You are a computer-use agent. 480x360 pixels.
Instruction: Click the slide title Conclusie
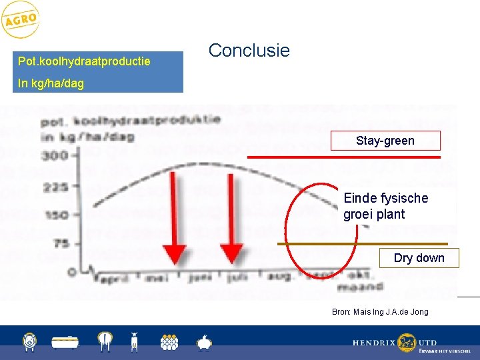(249, 51)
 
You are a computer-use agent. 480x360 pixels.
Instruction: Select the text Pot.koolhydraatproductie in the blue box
(84, 61)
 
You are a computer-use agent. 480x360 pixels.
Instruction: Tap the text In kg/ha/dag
(51, 83)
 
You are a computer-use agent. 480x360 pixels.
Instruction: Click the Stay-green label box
(385, 141)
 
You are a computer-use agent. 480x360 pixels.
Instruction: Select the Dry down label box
(419, 258)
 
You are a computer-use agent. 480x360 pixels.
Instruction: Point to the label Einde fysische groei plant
(385, 207)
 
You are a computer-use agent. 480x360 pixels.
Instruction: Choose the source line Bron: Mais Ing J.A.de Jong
(380, 312)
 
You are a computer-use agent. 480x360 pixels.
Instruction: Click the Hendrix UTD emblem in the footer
(406, 343)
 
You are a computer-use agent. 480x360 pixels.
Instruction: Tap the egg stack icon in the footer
(169, 342)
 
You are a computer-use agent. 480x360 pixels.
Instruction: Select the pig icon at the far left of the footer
(28, 342)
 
